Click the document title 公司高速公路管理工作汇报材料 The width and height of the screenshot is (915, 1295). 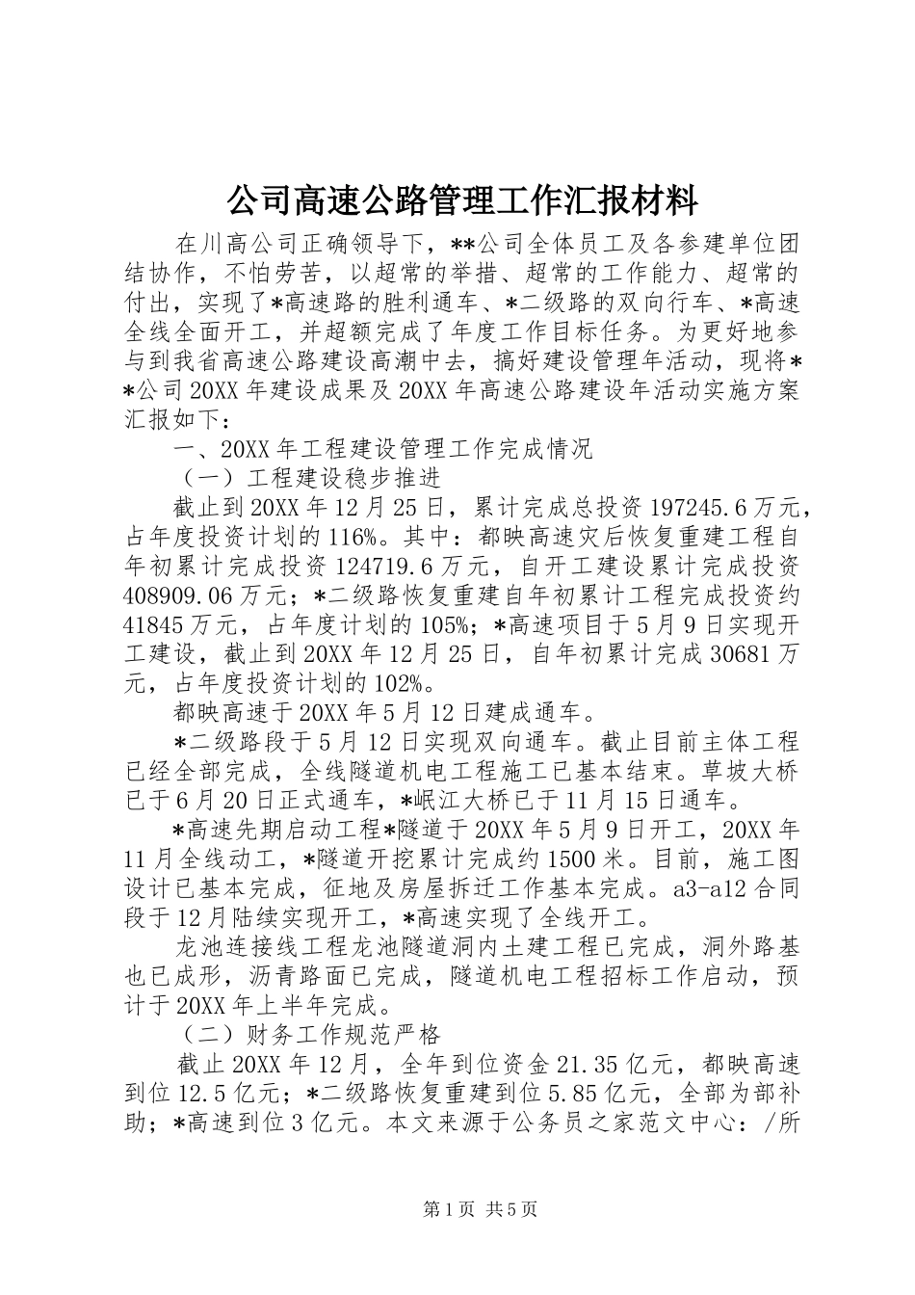[x=460, y=201]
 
